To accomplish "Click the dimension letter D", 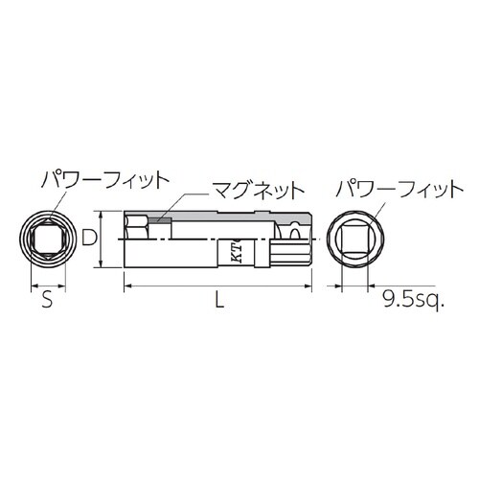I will tap(88, 237).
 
